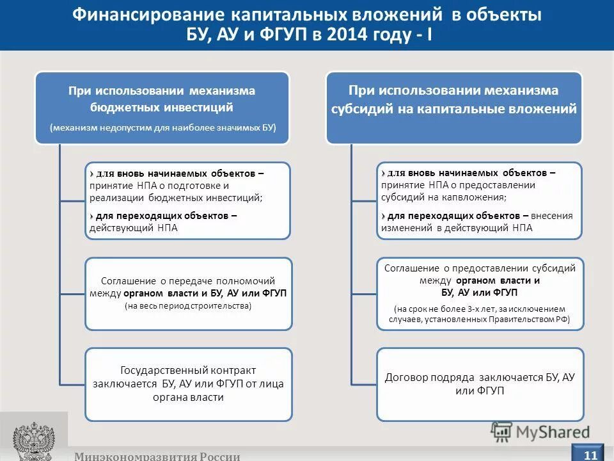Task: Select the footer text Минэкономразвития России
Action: pyautogui.click(x=157, y=456)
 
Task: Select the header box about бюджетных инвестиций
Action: pyautogui.click(x=162, y=107)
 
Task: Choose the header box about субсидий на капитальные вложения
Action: pyautogui.click(x=453, y=107)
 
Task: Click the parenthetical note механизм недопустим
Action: pyautogui.click(x=162, y=127)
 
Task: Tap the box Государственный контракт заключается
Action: pyautogui.click(x=188, y=384)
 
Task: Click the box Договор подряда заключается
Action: pyautogui.click(x=480, y=384)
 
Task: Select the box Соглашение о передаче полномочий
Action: pyautogui.click(x=188, y=293)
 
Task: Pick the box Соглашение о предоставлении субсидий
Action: pyautogui.click(x=480, y=294)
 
